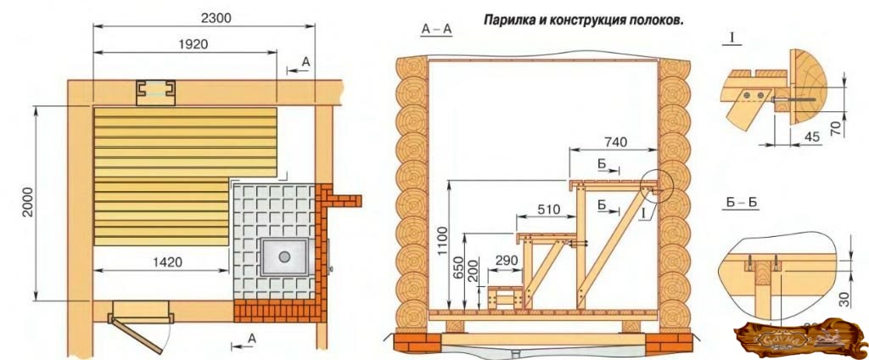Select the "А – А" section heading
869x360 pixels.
pyautogui.click(x=436, y=30)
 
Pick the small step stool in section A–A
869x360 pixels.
pyautogui.click(x=507, y=298)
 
